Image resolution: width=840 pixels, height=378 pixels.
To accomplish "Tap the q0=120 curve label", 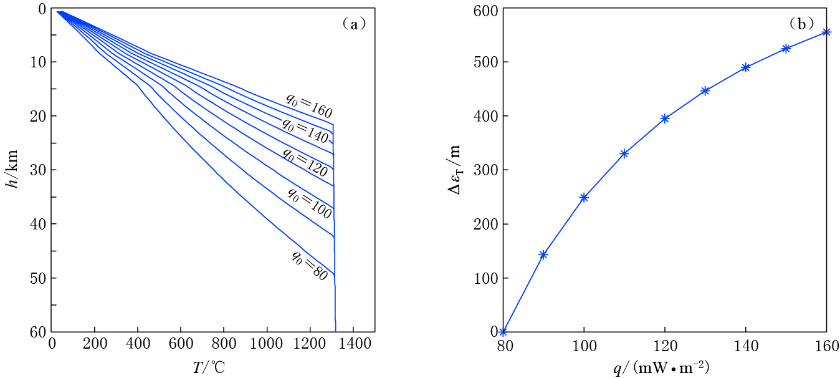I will coord(305,162).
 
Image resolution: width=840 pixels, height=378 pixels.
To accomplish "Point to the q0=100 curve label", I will coord(308,202).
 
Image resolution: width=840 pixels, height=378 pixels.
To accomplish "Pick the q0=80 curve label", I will coord(308,266).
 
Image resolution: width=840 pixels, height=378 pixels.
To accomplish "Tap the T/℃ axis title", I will coord(208,367).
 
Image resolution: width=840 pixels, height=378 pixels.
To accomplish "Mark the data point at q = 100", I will coord(584,197).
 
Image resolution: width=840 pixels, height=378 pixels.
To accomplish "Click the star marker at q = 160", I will coord(826,32).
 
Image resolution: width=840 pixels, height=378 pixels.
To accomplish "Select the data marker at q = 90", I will coord(543,254).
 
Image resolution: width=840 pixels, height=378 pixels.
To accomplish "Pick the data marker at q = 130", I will coord(705,90).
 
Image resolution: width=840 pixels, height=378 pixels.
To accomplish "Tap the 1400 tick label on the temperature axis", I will coord(353,344).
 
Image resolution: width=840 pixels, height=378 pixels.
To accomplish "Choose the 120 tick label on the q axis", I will coord(664,344).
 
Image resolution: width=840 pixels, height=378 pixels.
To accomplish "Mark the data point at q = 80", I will coord(503,331).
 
